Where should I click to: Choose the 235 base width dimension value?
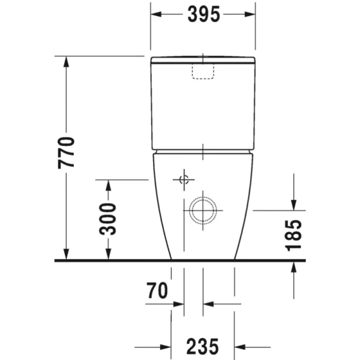click(x=202, y=346)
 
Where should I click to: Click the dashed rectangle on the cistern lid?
click(x=203, y=71)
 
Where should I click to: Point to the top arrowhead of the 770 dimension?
click(x=67, y=61)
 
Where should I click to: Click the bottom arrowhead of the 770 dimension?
click(x=67, y=256)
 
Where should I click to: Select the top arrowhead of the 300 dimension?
click(x=108, y=184)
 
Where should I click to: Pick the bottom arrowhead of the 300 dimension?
click(x=108, y=256)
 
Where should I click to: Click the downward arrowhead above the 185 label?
click(x=294, y=205)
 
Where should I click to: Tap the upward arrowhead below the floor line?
click(x=294, y=267)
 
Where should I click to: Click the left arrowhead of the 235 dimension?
click(x=167, y=346)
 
